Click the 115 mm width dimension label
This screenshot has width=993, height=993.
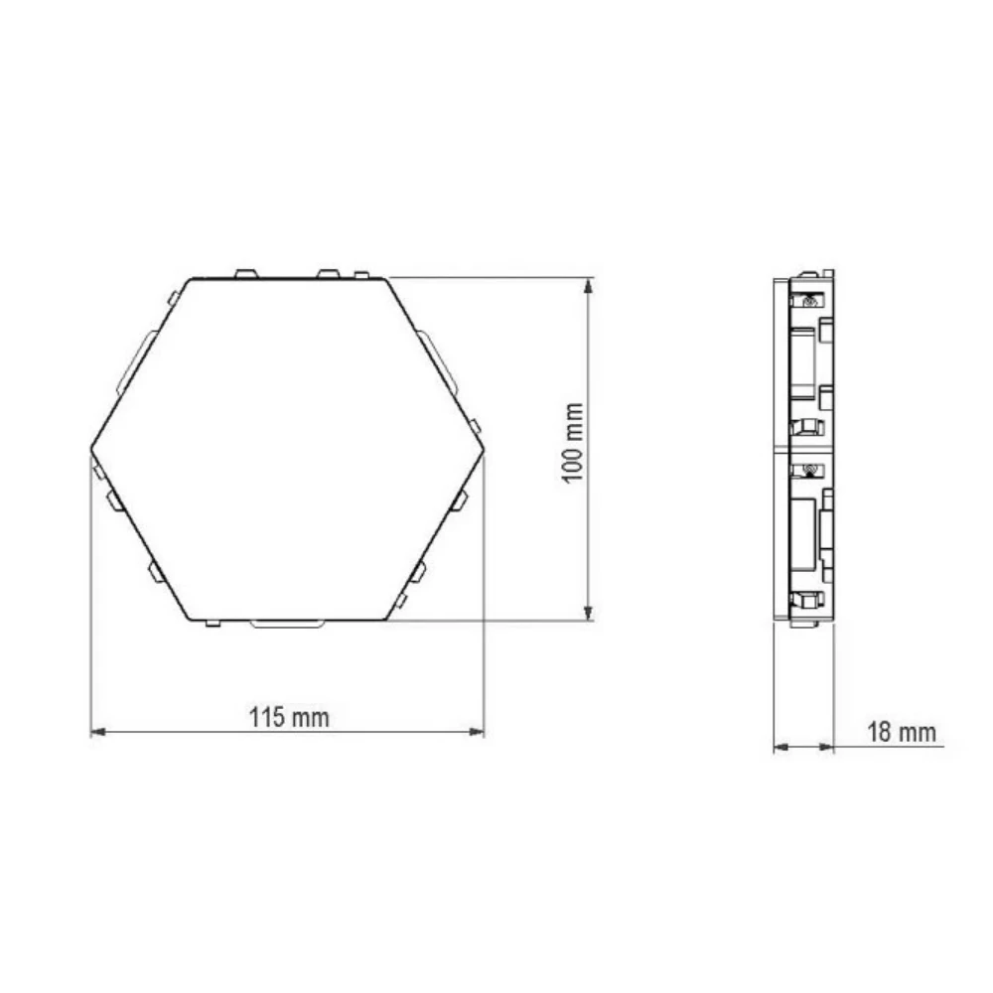click(x=289, y=718)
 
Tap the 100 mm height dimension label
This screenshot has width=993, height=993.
click(x=573, y=443)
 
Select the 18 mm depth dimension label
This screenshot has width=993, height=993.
click(x=902, y=732)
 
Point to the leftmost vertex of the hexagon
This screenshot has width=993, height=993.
click(x=91, y=449)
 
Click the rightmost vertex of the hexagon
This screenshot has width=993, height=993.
click(x=484, y=449)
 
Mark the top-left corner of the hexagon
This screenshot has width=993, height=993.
click(x=191, y=279)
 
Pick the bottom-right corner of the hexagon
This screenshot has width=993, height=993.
click(x=385, y=620)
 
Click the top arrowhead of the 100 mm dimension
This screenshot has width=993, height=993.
click(x=588, y=285)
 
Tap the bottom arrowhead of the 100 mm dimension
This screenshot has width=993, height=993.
click(x=588, y=613)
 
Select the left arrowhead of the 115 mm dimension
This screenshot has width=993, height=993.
click(x=98, y=732)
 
